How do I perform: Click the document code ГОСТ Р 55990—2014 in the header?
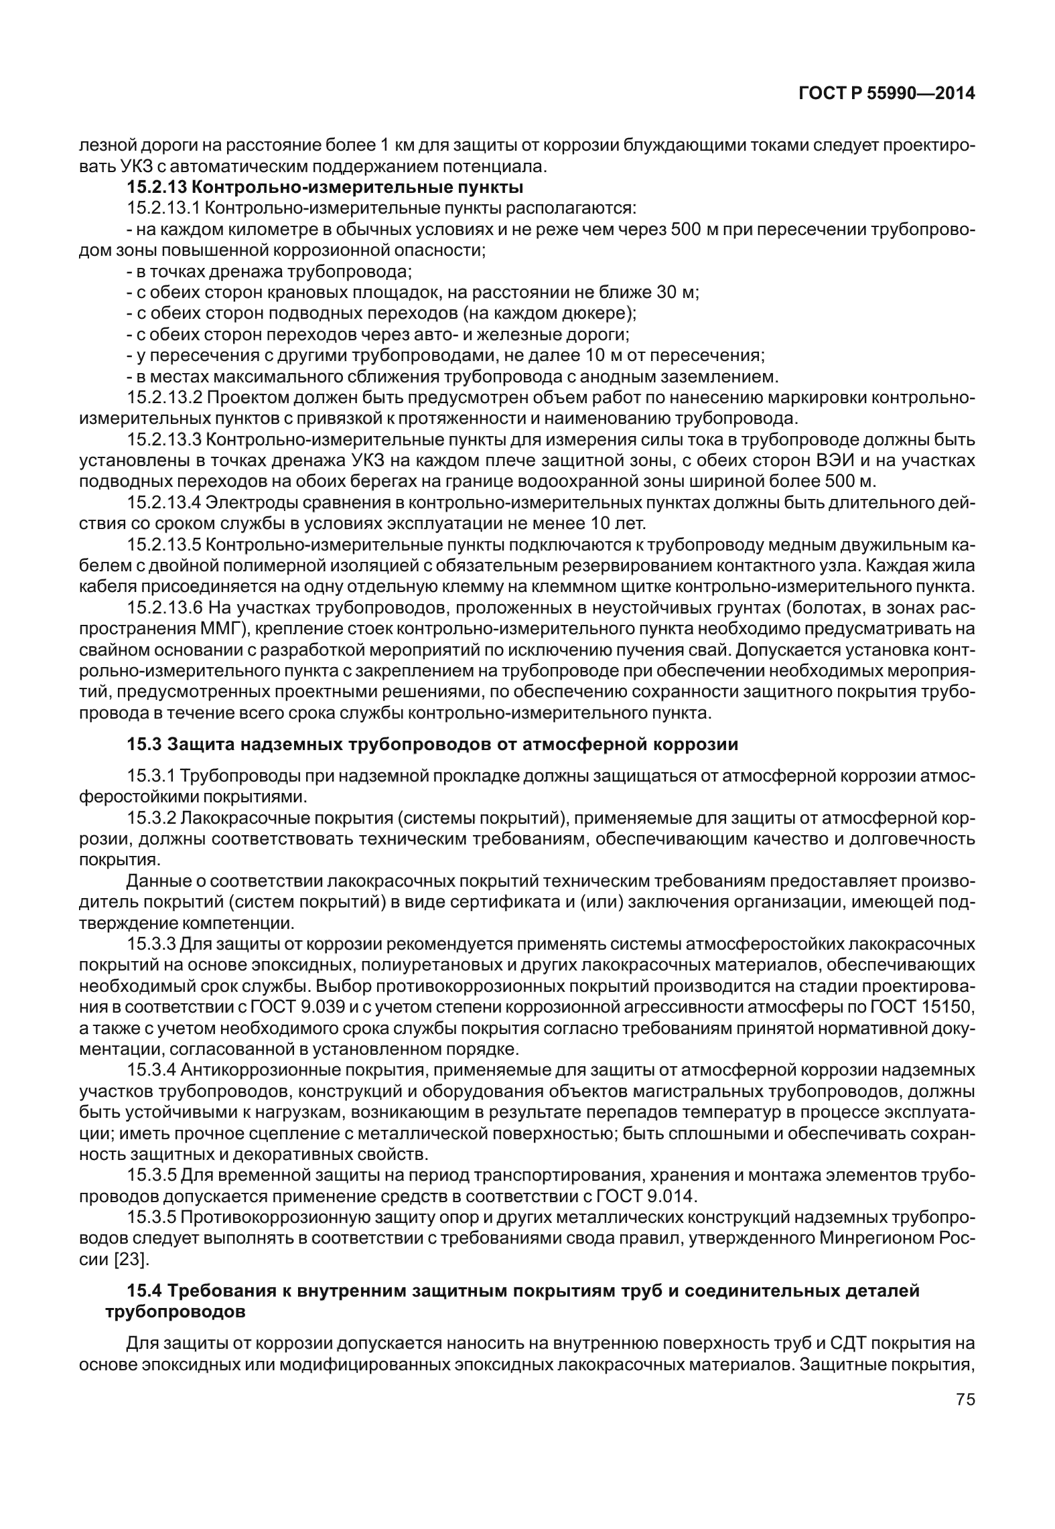[886, 94]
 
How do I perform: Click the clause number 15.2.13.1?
[165, 207]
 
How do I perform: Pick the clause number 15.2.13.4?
[165, 502]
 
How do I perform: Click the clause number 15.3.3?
[151, 944]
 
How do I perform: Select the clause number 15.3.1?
[151, 776]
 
